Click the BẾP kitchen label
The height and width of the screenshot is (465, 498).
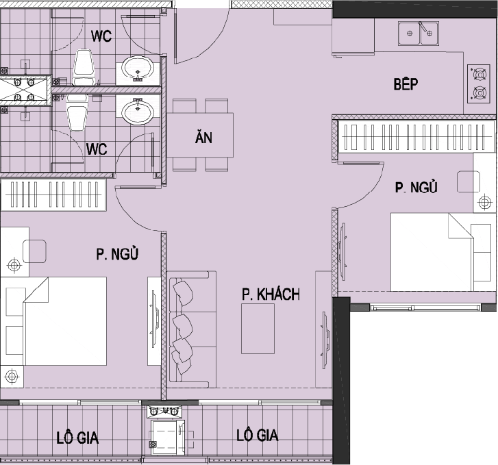(406, 84)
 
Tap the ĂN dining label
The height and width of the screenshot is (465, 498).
(203, 137)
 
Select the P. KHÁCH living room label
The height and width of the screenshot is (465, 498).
(271, 294)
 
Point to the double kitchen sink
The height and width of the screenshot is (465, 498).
(419, 33)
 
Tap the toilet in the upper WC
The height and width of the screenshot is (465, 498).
(84, 67)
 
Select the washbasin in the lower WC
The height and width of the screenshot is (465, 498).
(138, 111)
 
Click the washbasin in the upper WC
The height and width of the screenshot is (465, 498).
(138, 68)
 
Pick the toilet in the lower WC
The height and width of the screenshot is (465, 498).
(77, 112)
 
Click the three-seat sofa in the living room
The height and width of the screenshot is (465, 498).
(192, 329)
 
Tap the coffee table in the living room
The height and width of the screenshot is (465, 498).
(258, 329)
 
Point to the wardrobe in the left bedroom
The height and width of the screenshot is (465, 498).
(53, 194)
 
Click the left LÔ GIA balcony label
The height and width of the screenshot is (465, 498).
(77, 438)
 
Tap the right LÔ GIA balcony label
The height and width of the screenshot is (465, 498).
(258, 435)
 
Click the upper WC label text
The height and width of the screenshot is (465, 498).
(101, 36)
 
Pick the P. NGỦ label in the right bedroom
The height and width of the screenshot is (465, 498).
(416, 187)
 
